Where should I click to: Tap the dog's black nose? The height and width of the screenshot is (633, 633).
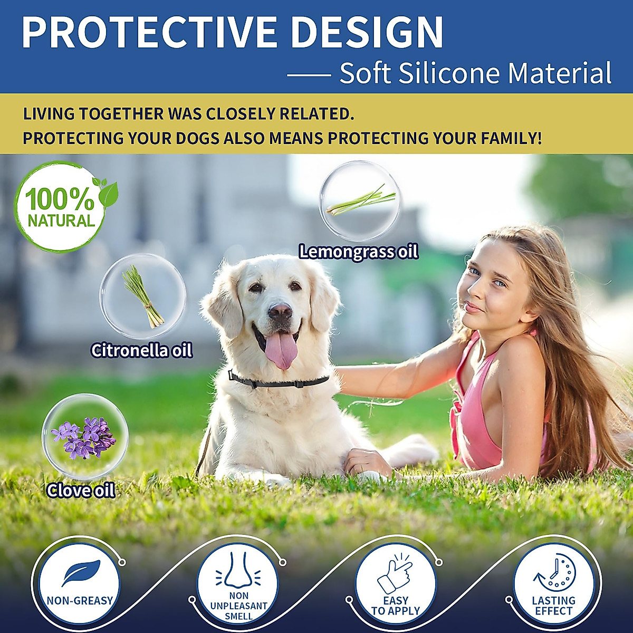point(280,312)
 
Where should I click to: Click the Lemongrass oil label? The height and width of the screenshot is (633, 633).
point(359,252)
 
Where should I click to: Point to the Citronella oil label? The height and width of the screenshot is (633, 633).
point(141,350)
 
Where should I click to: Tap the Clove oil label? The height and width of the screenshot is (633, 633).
point(81,491)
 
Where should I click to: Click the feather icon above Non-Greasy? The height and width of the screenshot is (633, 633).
point(81,573)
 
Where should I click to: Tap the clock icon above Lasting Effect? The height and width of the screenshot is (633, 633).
point(555,573)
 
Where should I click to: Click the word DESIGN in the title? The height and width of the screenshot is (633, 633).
point(367,33)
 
